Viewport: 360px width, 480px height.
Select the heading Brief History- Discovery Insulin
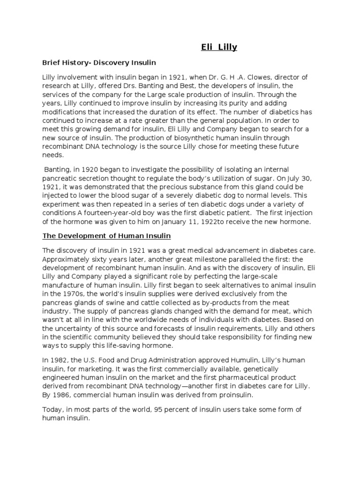(x=99, y=62)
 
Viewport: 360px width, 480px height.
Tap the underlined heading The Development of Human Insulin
(x=106, y=235)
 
